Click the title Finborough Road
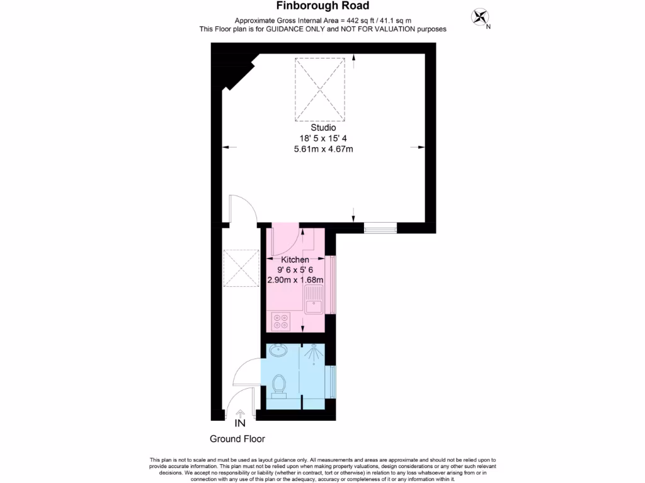click(322, 7)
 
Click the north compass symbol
click(481, 17)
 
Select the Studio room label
click(322, 128)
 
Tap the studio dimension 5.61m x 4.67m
click(322, 149)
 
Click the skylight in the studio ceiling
click(321, 89)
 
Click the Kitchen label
click(294, 260)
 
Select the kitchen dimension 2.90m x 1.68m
click(295, 280)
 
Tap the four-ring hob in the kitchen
click(281, 321)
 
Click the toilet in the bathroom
click(279, 385)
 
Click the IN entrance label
click(240, 424)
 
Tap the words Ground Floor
click(237, 439)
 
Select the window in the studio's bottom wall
click(380, 227)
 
